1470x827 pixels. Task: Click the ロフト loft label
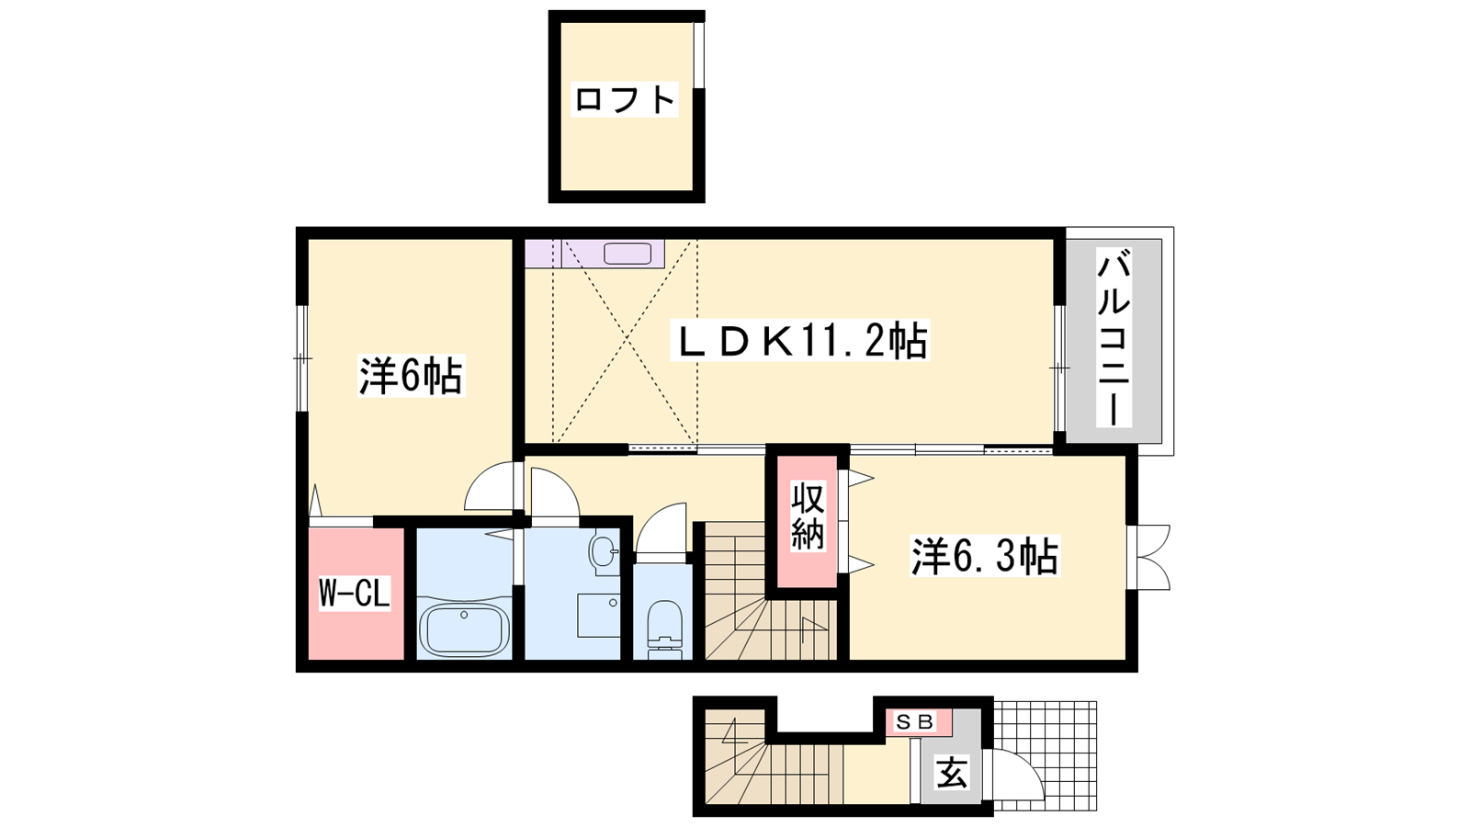(x=624, y=100)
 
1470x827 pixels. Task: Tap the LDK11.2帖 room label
(x=800, y=340)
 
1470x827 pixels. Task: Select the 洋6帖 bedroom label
(x=411, y=376)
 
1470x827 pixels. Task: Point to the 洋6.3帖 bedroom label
(x=984, y=557)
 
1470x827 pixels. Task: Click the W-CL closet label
(x=355, y=594)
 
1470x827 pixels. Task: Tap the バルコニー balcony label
(x=1114, y=341)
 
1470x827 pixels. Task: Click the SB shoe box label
(x=915, y=722)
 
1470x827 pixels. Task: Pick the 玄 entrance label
(x=952, y=772)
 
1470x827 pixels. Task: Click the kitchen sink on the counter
(x=628, y=254)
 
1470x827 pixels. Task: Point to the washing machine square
(x=598, y=616)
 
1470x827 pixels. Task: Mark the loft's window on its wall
(x=699, y=55)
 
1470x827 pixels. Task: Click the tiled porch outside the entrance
(x=1044, y=756)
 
